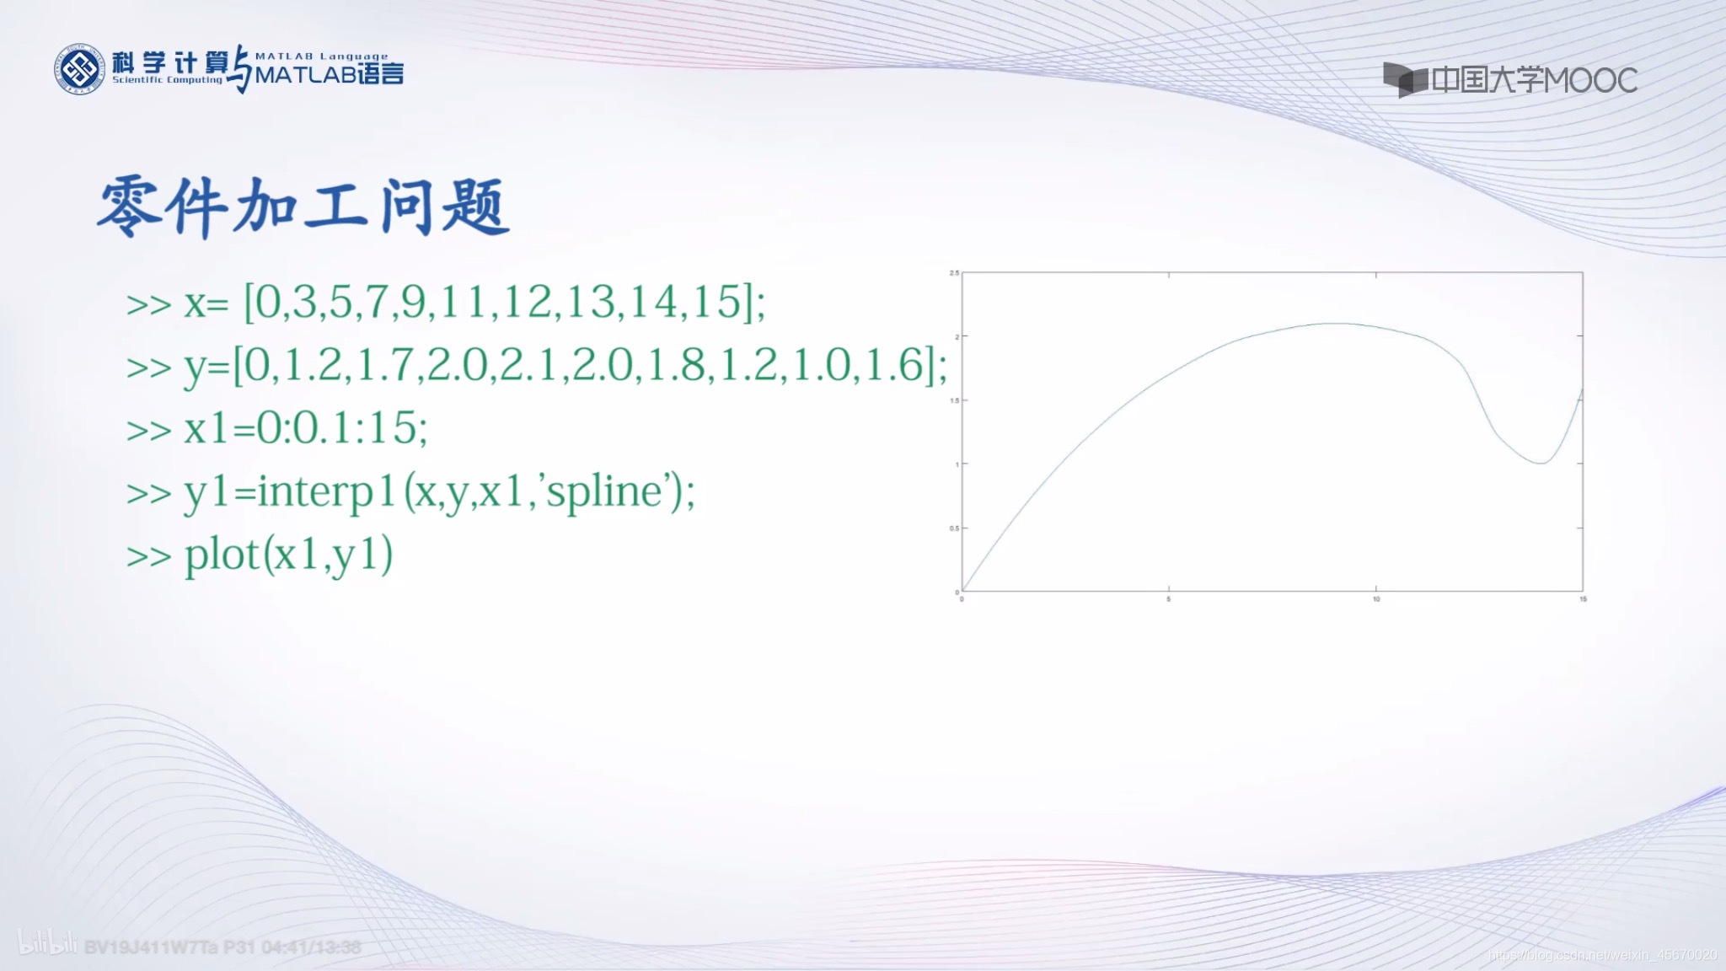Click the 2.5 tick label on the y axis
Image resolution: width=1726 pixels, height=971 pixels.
954,273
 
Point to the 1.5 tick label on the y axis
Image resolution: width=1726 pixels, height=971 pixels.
954,400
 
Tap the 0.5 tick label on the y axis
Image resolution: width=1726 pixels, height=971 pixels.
954,528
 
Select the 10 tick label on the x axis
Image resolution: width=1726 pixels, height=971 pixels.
1376,599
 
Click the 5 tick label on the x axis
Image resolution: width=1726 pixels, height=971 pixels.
1169,599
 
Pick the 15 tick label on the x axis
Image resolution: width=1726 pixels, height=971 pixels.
1583,599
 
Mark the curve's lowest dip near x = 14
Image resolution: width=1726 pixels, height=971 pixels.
1541,463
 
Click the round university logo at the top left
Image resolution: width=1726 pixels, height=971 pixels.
80,69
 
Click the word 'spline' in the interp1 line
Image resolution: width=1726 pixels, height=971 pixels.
601,491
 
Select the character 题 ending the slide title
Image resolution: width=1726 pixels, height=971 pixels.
475,207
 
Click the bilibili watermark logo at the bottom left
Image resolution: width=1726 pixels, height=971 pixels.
47,944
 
